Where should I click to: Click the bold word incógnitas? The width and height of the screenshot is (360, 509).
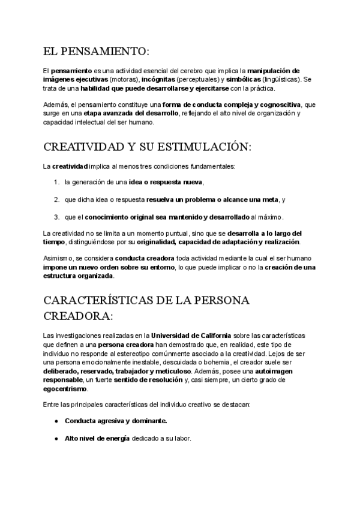tap(163, 79)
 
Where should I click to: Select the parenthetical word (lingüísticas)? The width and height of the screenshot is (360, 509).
tap(281, 79)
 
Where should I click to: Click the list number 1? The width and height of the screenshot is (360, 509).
tap(56, 182)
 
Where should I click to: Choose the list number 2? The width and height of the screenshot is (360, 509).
tap(56, 199)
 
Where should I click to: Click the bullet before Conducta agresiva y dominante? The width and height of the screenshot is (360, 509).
tap(56, 421)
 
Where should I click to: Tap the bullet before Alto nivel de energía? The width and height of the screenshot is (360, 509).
tap(56, 438)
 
